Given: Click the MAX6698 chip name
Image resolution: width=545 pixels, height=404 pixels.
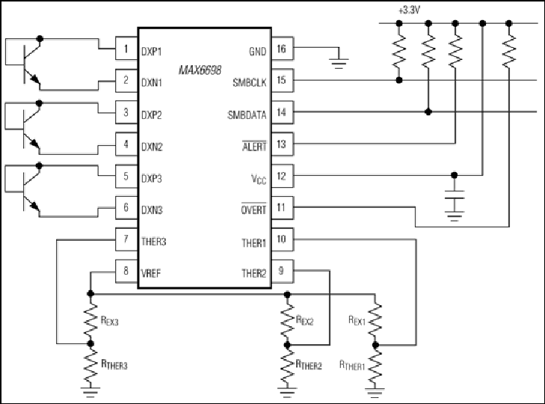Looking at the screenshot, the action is pos(200,70).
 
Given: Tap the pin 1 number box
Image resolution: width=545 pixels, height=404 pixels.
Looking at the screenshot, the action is pos(126,49).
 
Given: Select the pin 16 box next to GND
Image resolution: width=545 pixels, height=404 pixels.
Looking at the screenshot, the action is pos(282,49).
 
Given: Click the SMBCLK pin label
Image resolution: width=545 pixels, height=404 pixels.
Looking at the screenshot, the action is pos(249,82).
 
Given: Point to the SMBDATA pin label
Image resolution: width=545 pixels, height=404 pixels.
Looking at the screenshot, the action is pos(247,114).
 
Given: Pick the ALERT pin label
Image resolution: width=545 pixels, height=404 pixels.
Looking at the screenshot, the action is pos(254,147).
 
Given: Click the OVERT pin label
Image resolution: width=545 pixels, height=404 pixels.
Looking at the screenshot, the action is pos(253,209).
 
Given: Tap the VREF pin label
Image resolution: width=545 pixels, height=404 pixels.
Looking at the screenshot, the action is pos(151,273).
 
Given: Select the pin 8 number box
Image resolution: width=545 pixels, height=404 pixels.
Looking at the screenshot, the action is pos(126,271).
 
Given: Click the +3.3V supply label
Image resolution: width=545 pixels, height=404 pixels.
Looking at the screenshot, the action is pos(409,10).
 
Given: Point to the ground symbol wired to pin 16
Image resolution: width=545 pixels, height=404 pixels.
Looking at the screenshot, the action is pos(338,63).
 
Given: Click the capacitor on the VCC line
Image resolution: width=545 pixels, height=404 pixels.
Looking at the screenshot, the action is pos(455,195).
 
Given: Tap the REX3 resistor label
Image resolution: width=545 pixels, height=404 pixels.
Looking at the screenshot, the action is pos(109,320).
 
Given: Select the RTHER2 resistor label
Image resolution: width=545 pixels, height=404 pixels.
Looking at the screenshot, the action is pos(309,364).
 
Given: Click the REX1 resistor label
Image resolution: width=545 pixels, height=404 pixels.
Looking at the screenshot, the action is pos(357,320).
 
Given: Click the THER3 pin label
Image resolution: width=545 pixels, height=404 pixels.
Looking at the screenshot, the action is pos(153,242).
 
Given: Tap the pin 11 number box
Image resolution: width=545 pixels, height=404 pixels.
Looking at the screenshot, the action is pos(282,208).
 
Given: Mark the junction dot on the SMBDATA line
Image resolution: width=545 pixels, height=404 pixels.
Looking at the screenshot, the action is pos(428,111).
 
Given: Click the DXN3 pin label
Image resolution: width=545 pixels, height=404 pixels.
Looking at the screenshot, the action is pos(152,209).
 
